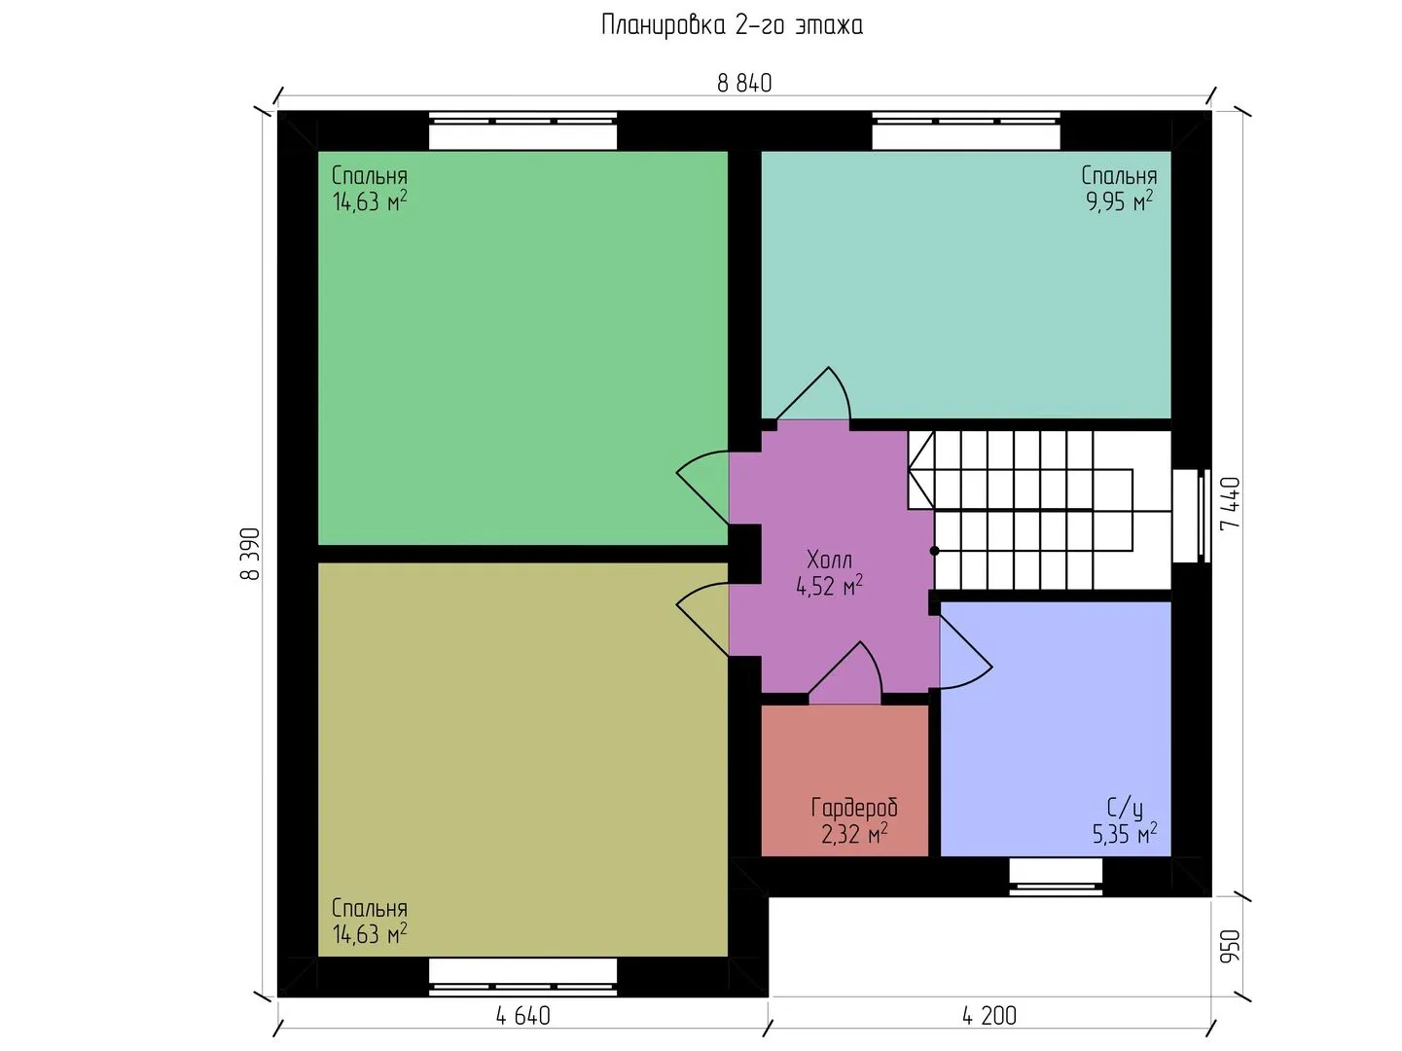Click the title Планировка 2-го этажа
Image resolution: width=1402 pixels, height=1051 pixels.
pos(732,26)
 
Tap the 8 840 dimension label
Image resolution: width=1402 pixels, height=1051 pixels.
pos(744,84)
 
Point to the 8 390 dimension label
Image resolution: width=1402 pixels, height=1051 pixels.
pos(251,554)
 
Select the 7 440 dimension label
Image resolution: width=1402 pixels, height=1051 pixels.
pos(1230,503)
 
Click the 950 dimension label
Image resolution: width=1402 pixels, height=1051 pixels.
pos(1230,946)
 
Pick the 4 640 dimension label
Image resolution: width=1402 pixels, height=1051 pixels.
pos(523,1016)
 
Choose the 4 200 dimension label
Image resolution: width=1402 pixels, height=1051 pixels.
pos(989,1016)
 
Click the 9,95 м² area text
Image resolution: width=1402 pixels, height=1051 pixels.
pos(1120,200)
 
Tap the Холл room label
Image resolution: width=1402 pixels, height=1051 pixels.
pos(829,560)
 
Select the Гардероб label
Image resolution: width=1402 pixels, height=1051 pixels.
pos(854,808)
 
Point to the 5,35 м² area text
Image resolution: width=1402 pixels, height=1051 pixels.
pos(1124,834)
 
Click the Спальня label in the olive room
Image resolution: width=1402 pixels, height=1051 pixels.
pos(369,908)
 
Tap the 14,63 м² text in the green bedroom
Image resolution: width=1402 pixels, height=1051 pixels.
pos(369,201)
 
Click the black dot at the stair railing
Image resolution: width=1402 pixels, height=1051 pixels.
pos(934,551)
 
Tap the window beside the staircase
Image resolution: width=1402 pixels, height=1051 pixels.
pos(1191,516)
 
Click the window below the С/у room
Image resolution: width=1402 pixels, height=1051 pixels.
pos(1056,877)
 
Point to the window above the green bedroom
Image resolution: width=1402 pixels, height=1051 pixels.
pos(522,131)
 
